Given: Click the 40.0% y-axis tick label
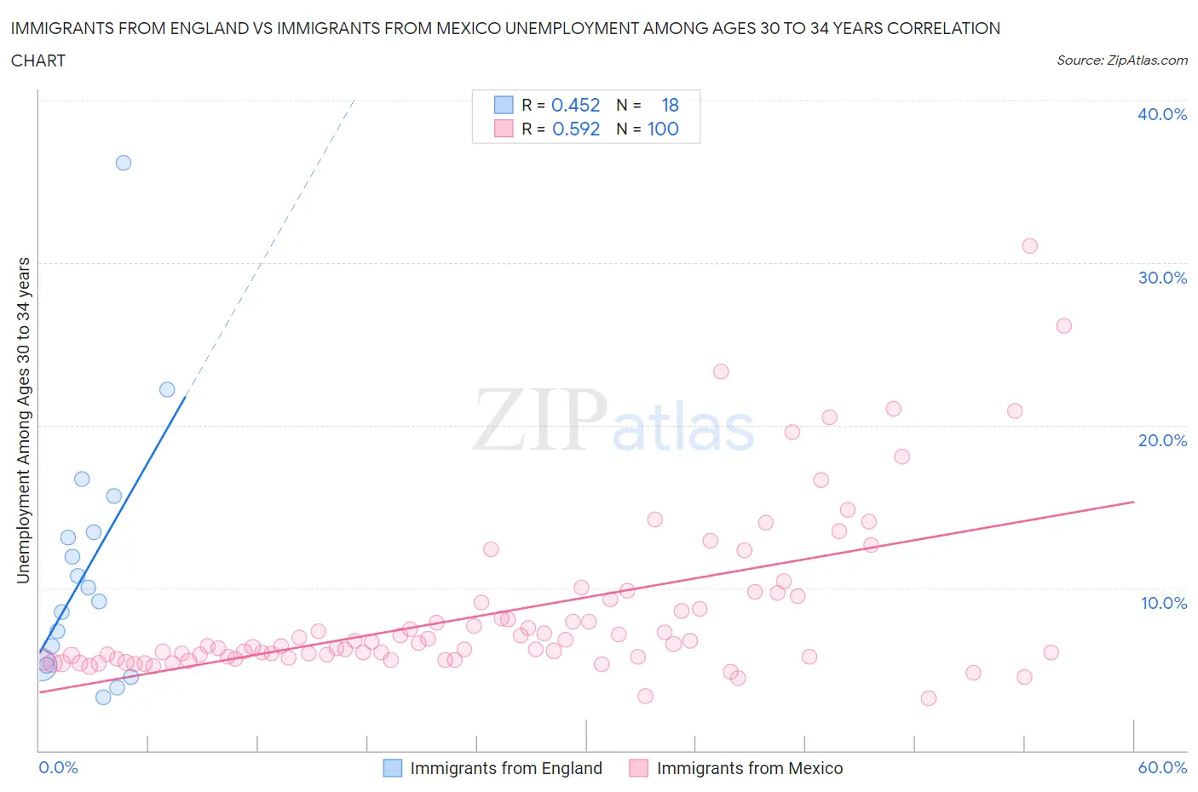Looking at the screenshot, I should pos(1161,114).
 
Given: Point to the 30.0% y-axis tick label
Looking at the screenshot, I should pos(1161,278).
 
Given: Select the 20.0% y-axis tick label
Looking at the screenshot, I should pos(1161,440).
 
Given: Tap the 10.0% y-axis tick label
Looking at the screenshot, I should pos(1163,603).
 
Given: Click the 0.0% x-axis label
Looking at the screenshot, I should pos(58,767).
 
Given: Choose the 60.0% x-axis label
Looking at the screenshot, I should pos(1162,767).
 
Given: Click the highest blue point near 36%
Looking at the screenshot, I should pos(124,163).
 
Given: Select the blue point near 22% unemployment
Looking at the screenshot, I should pos(167,389).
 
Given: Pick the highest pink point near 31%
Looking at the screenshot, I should pos(1029,246).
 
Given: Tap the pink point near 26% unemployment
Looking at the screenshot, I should pos(1063,325).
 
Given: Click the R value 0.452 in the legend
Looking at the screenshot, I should pos(575,105).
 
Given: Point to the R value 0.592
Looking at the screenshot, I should pos(575,129).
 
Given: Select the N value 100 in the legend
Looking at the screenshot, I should pos(663,129).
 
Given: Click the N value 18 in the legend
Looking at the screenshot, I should pos(670,105).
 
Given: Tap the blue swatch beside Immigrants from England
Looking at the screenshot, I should pos(392,768).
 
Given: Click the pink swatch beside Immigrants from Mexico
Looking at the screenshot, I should pos(638,768).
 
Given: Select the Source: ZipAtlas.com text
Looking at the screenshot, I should pos(1121,60).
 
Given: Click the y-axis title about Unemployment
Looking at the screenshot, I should pos(23,420).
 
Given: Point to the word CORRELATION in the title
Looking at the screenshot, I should pos(943,28).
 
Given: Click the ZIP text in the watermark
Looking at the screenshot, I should pos(540,420).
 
